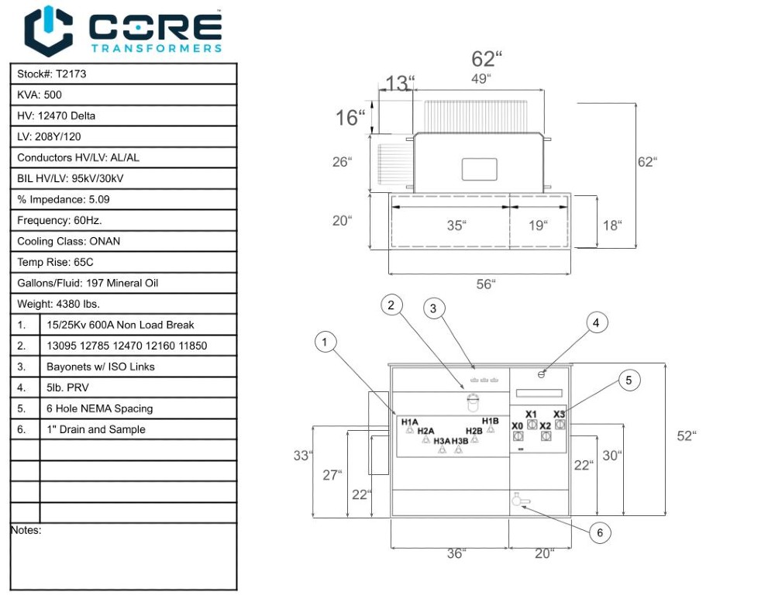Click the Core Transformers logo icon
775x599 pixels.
coord(48,31)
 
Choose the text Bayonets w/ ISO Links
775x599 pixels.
coord(101,367)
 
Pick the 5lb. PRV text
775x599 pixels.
coord(69,387)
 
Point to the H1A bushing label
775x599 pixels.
coord(410,422)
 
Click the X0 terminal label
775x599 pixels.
coord(517,425)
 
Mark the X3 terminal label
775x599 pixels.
coord(560,415)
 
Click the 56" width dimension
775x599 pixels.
coord(484,284)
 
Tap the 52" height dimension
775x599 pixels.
coord(686,435)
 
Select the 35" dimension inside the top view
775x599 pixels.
coord(456,225)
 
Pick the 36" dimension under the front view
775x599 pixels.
coord(456,553)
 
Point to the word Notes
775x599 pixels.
coord(26,531)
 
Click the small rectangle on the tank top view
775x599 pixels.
coord(479,169)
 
